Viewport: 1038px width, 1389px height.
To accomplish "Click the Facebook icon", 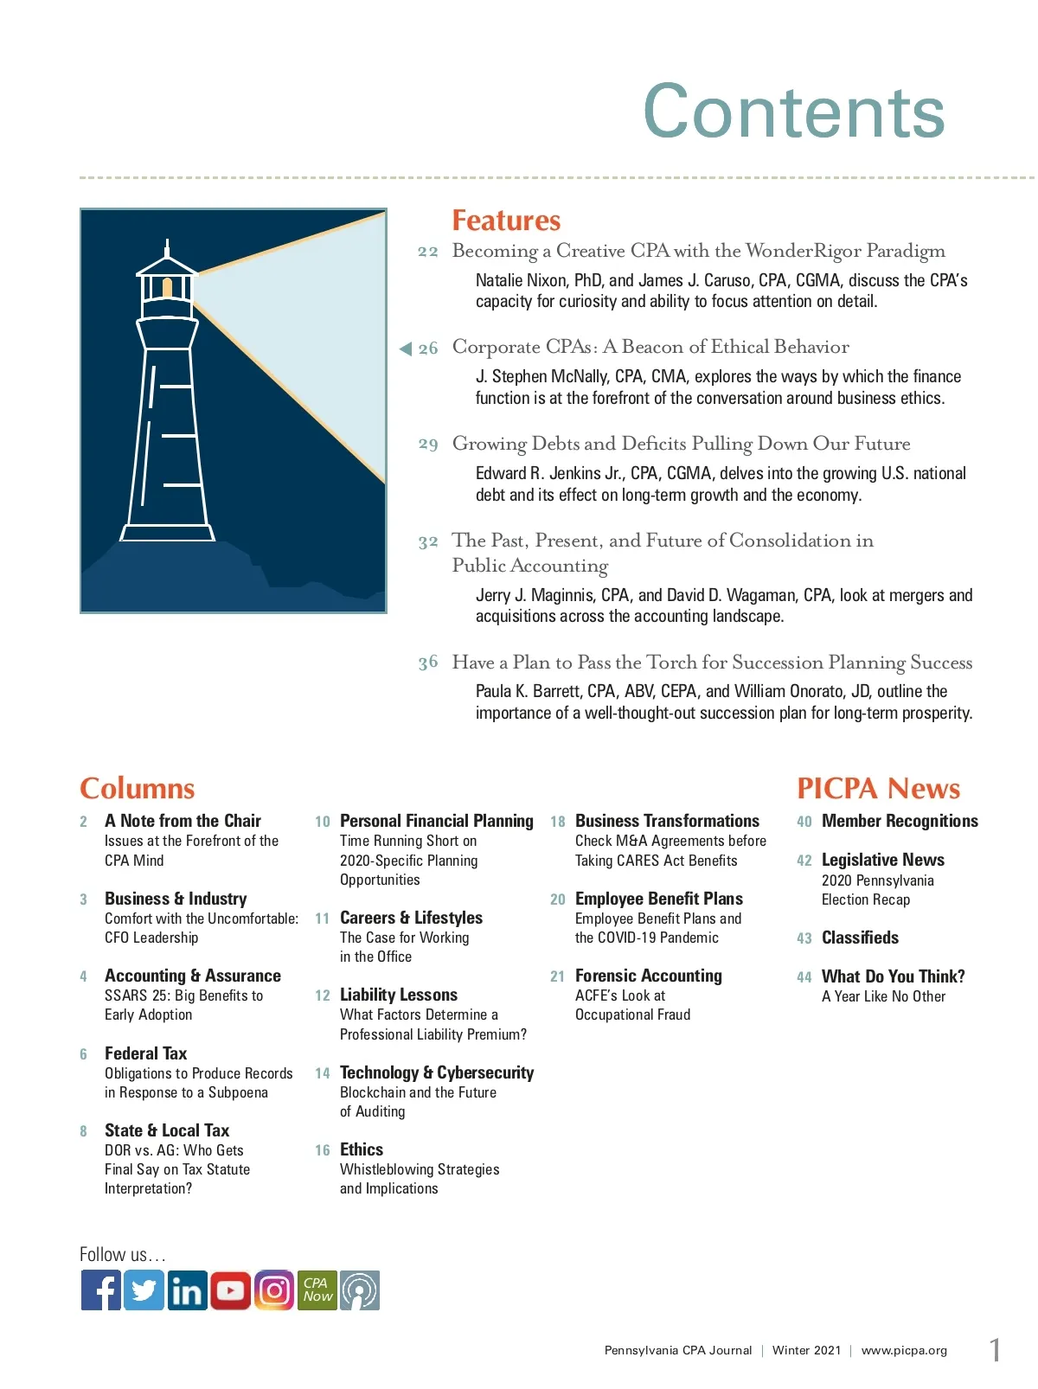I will click(x=101, y=1290).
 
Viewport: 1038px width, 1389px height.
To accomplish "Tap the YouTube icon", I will click(x=230, y=1290).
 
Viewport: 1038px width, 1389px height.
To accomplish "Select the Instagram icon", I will click(x=274, y=1290).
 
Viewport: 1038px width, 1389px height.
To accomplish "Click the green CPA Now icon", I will click(x=317, y=1290).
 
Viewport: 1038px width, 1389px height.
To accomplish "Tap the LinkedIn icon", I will click(x=187, y=1290).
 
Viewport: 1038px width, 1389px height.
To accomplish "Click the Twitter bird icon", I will click(x=144, y=1290).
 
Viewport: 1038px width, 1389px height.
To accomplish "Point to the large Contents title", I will click(x=793, y=112).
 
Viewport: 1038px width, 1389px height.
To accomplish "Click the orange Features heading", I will click(x=506, y=221).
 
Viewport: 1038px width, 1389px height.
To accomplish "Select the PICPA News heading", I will click(x=878, y=788).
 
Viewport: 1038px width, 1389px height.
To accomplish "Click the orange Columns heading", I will click(x=137, y=788).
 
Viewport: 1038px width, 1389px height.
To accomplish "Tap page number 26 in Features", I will click(x=428, y=349).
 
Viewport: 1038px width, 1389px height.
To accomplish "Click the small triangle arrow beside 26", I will click(x=405, y=349).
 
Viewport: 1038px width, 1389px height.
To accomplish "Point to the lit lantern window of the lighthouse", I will click(x=168, y=286).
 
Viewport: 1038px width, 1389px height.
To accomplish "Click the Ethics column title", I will click(x=362, y=1149).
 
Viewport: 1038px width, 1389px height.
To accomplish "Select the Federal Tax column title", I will click(x=145, y=1053).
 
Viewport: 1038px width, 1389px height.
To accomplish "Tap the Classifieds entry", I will click(x=860, y=938).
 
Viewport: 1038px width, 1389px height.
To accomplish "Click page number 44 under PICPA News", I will click(x=804, y=977).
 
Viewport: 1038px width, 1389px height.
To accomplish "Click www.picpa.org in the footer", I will click(x=904, y=1350).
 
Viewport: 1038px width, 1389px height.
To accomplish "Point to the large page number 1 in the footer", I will click(x=996, y=1349).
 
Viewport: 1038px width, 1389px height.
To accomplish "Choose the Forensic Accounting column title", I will click(x=648, y=976).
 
